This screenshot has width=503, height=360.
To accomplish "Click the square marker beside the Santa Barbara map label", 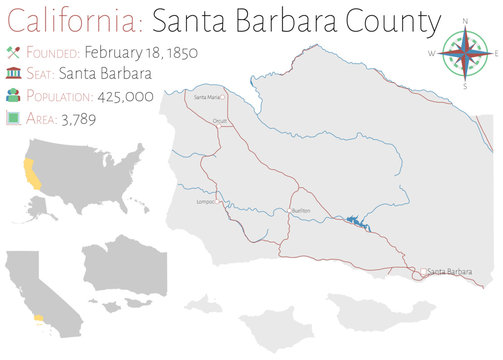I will tap(423, 271).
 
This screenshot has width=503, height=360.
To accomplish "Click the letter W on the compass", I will tap(432, 52).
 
